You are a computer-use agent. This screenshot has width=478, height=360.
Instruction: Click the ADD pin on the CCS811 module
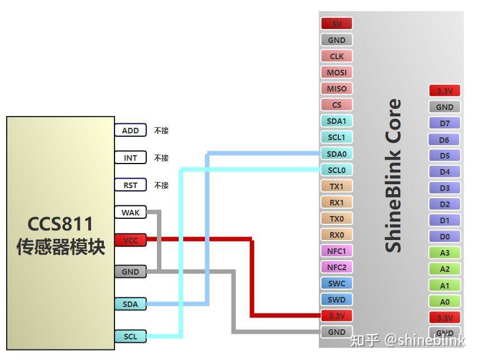(130, 131)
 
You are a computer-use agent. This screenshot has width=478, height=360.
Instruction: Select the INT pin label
(130, 158)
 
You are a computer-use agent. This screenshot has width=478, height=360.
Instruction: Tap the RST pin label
(130, 185)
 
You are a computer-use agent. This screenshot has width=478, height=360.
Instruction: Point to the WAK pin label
(130, 213)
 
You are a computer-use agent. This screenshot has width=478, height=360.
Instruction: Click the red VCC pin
(130, 240)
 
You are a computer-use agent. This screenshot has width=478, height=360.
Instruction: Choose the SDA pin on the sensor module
(130, 304)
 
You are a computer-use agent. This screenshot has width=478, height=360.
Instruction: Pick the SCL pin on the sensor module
(130, 337)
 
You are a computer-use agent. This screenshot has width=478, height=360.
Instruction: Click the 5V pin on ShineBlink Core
(337, 24)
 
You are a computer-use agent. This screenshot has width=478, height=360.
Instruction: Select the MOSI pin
(337, 73)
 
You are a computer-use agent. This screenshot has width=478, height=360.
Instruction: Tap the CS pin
(337, 105)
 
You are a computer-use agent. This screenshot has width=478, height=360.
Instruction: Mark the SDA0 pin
(337, 153)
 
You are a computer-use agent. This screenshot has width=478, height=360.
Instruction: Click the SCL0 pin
(337, 170)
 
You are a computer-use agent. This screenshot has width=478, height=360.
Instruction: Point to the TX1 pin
(337, 186)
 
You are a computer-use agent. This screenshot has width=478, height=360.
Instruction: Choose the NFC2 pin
(337, 267)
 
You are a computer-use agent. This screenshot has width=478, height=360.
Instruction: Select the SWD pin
(337, 300)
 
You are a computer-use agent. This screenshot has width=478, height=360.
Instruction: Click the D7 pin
(444, 123)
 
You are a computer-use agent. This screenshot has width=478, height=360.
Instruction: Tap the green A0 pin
(444, 302)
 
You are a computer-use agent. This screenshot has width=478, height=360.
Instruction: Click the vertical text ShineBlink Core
(394, 175)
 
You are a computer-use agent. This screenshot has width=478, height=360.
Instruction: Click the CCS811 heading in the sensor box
(60, 224)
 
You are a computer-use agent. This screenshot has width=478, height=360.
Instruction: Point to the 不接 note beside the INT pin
(161, 158)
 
